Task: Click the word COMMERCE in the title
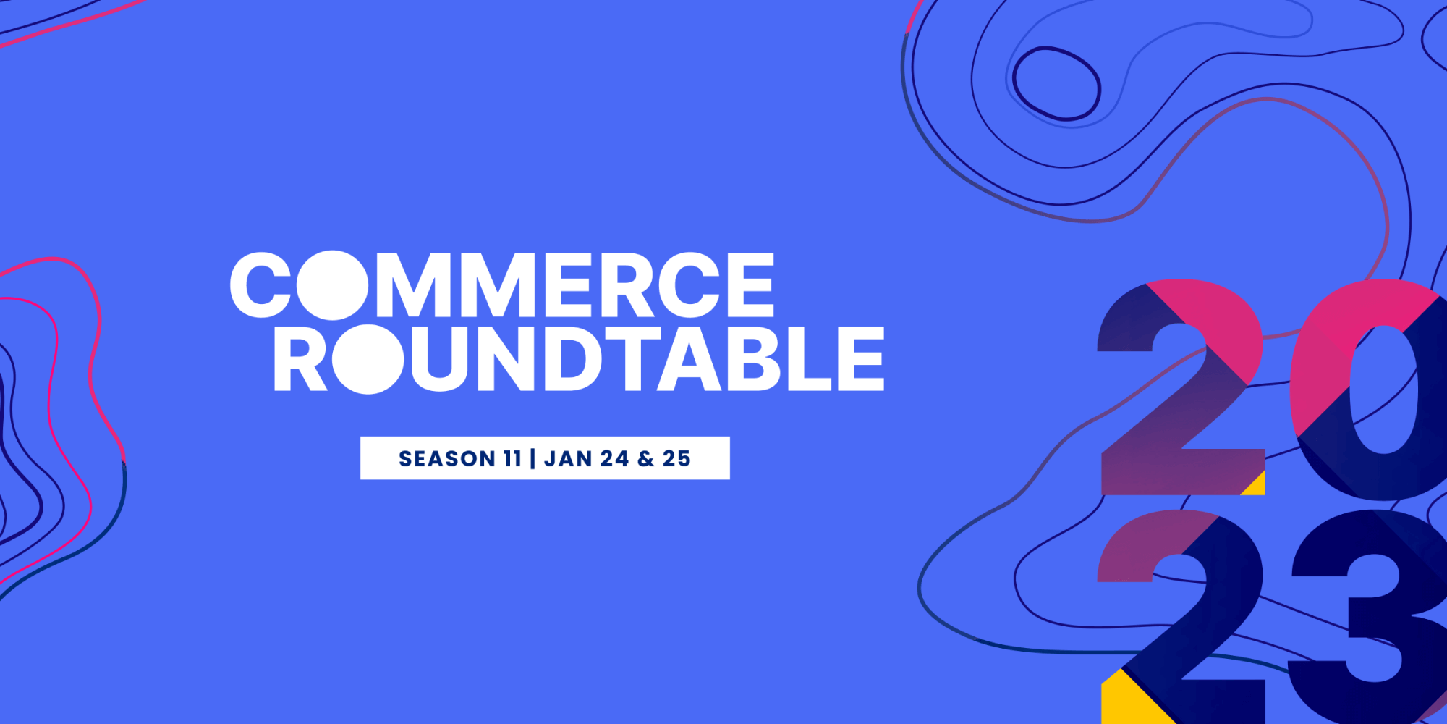tap(502, 285)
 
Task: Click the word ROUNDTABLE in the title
tap(579, 358)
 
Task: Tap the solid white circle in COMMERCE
tap(332, 285)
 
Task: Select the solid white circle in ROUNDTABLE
tap(368, 359)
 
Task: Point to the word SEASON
tap(447, 458)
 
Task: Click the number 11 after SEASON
tap(513, 458)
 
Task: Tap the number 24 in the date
tap(614, 458)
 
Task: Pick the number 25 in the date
tap(676, 458)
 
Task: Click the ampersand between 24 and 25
tap(645, 458)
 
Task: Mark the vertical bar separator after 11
tap(532, 458)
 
